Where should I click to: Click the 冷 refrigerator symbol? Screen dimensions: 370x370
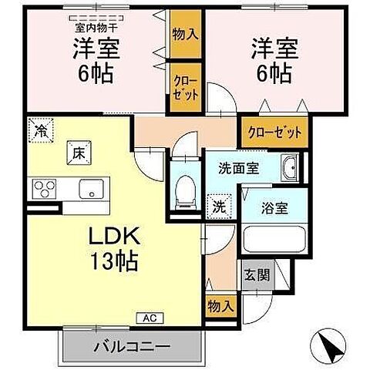point(39,130)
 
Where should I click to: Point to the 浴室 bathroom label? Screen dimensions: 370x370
point(276,208)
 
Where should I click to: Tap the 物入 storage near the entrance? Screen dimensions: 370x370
point(220,306)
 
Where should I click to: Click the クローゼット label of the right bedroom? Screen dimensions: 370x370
point(274,132)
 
